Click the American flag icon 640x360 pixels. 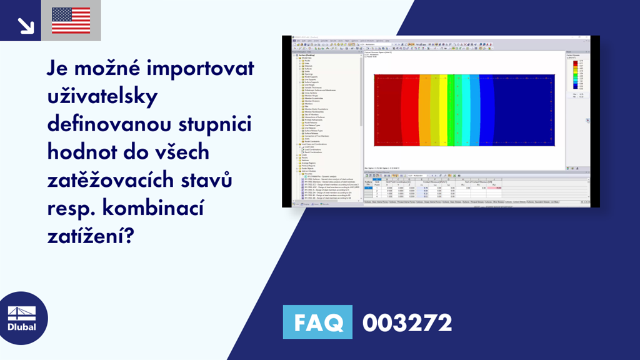(71, 20)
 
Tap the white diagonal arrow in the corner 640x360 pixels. (26, 24)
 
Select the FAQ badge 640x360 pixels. (317, 322)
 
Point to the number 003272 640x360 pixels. (407, 323)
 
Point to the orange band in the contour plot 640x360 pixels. (424, 110)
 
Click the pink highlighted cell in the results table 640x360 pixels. (499, 188)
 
